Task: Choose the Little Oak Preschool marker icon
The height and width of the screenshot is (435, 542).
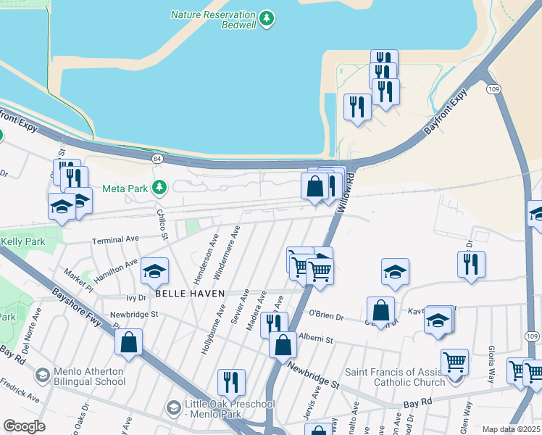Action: pyautogui.click(x=173, y=408)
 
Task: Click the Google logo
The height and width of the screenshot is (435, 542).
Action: pyautogui.click(x=24, y=426)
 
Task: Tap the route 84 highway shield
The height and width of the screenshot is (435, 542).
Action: pyautogui.click(x=157, y=158)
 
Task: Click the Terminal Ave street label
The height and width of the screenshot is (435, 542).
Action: pyautogui.click(x=114, y=239)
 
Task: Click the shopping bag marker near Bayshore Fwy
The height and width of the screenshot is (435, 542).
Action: pyautogui.click(x=128, y=344)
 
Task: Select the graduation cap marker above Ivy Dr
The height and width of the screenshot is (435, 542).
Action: pyautogui.click(x=154, y=271)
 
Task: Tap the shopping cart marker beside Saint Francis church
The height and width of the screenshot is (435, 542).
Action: pyautogui.click(x=454, y=361)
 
